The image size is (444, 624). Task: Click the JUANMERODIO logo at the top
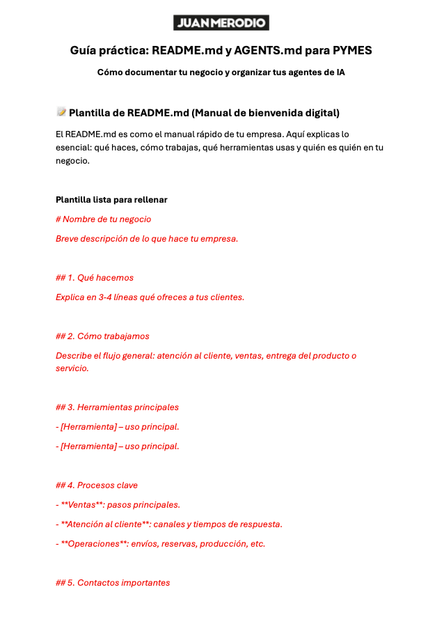221,23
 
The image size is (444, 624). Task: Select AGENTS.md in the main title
267,51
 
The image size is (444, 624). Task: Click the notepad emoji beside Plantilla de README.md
61,112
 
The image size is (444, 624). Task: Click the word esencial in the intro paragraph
75,147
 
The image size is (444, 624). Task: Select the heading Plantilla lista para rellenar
111,200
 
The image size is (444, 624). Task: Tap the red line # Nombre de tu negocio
103,219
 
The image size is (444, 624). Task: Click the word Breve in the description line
68,239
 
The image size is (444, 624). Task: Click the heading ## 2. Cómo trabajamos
102,336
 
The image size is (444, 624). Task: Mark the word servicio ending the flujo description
71,368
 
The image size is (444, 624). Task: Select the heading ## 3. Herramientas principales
117,407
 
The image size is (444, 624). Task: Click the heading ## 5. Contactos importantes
112,583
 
